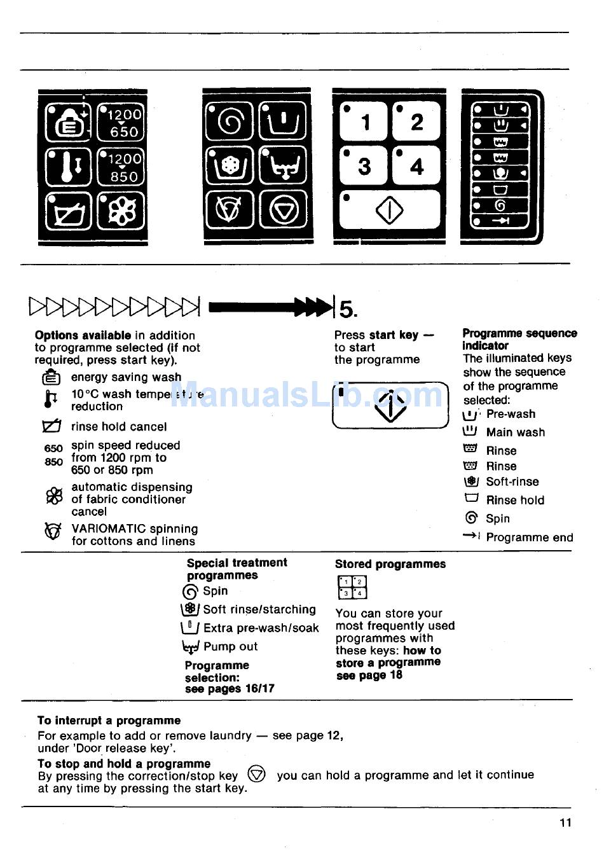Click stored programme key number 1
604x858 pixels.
tap(363, 121)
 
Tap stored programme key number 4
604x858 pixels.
tap(416, 166)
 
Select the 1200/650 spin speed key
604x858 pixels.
tap(121, 123)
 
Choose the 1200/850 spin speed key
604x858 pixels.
tap(121, 167)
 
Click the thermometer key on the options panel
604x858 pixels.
tap(69, 167)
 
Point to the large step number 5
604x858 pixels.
tap(348, 309)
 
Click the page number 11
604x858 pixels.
tap(565, 822)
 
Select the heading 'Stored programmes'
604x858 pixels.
tap(390, 564)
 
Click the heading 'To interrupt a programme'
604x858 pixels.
tap(109, 721)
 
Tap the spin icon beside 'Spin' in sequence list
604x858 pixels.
tap(471, 518)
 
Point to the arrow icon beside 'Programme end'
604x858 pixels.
tap(471, 536)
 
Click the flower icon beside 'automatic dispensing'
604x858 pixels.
tap(55, 497)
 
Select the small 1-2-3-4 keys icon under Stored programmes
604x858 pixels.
tap(352, 587)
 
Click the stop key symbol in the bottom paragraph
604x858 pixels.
tap(256, 774)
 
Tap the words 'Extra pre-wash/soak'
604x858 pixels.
tap(261, 628)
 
